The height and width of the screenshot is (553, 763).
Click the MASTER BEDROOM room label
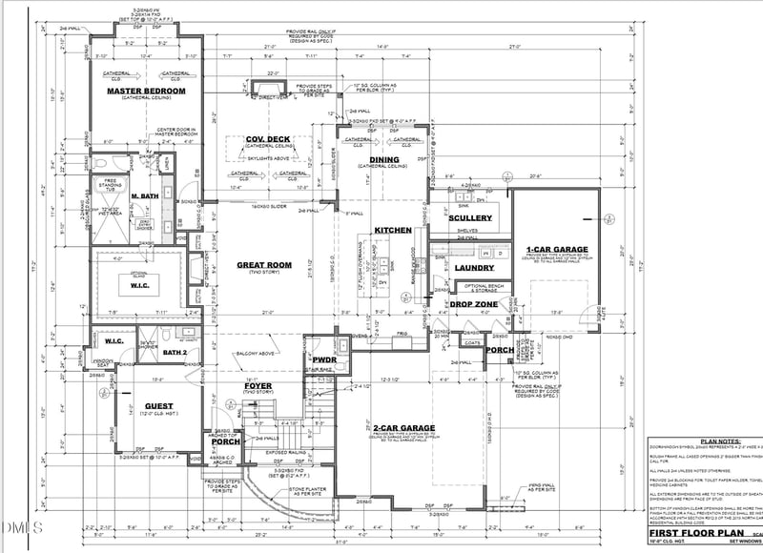tap(146, 91)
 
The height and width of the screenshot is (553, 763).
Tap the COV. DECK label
tap(268, 139)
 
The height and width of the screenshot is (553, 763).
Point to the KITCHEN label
tap(392, 231)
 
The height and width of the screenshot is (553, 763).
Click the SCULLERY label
tap(469, 218)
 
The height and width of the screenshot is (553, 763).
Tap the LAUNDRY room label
tap(473, 268)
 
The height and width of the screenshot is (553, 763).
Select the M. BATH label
tap(145, 196)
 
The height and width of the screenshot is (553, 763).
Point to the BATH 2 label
tap(173, 354)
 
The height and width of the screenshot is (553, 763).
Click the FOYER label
tap(258, 385)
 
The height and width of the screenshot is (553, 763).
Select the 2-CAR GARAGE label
tap(404, 427)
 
